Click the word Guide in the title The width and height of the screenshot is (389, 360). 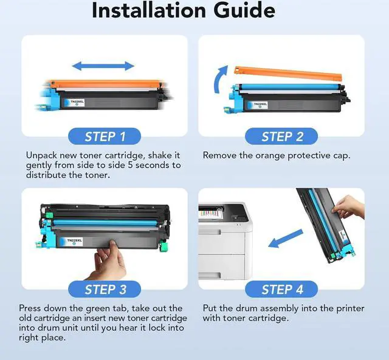click(x=244, y=11)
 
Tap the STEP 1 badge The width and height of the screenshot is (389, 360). click(x=105, y=136)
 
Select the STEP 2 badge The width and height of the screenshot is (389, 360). click(x=281, y=136)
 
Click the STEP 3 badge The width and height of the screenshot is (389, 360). click(x=105, y=289)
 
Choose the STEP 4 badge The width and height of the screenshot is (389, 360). click(x=281, y=289)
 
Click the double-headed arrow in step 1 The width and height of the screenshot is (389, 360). click(x=103, y=66)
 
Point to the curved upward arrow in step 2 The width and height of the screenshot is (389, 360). click(x=220, y=80)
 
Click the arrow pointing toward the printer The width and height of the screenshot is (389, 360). click(x=286, y=239)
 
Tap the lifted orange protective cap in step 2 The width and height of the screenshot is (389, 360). click(x=288, y=73)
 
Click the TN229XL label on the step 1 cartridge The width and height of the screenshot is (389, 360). click(x=74, y=103)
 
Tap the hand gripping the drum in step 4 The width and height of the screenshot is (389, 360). click(x=348, y=206)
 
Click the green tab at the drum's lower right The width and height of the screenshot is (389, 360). click(x=163, y=246)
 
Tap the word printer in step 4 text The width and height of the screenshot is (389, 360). click(x=350, y=309)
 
